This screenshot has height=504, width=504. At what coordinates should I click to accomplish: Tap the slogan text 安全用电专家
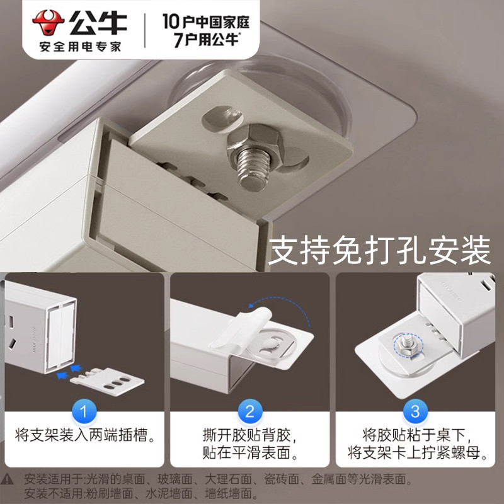click(80, 47)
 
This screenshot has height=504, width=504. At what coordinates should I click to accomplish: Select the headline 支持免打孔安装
click(379, 252)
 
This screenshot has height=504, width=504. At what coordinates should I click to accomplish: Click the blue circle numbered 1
click(84, 413)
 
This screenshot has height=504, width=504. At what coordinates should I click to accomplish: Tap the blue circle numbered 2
click(250, 413)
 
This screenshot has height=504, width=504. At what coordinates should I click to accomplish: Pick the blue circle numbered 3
click(415, 413)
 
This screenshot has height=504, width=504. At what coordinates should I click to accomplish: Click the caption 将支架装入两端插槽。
click(84, 435)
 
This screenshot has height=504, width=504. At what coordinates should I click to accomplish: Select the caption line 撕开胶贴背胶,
click(250, 435)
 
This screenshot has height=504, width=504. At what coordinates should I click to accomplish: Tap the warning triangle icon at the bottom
click(9, 479)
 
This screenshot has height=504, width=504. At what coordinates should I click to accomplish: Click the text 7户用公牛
click(205, 39)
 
